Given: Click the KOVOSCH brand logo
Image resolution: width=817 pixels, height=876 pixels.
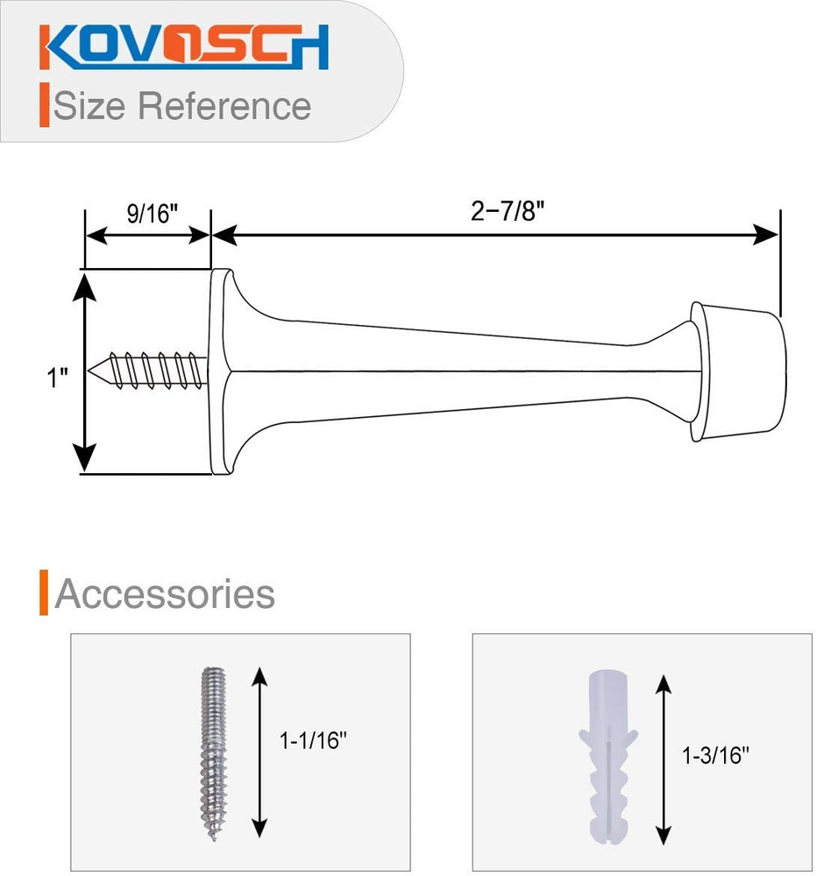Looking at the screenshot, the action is pos(183,47).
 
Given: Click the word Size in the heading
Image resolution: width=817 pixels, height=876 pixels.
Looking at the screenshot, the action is pos(89,106).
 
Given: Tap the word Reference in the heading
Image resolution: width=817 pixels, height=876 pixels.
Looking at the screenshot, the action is pos(224,106).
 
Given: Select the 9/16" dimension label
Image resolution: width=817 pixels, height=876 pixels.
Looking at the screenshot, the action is pos(152,214).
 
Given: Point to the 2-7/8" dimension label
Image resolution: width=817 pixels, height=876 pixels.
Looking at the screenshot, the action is pos(508,211).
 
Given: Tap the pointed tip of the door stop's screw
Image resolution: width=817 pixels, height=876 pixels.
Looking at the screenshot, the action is pos(89,371).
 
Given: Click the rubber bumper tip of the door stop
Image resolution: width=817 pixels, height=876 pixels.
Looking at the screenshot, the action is pos(737,371).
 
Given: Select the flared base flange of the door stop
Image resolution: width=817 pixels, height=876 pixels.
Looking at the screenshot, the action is pos(220,371).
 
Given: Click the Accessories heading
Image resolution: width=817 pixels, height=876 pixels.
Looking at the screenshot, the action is pos(165,593).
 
